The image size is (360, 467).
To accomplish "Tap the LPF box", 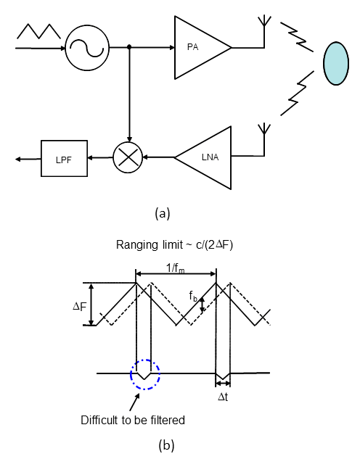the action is pyautogui.click(x=64, y=158).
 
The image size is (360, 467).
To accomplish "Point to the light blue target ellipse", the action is pyautogui.click(x=336, y=63).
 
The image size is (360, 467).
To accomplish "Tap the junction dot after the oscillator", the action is pyautogui.click(x=129, y=47).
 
